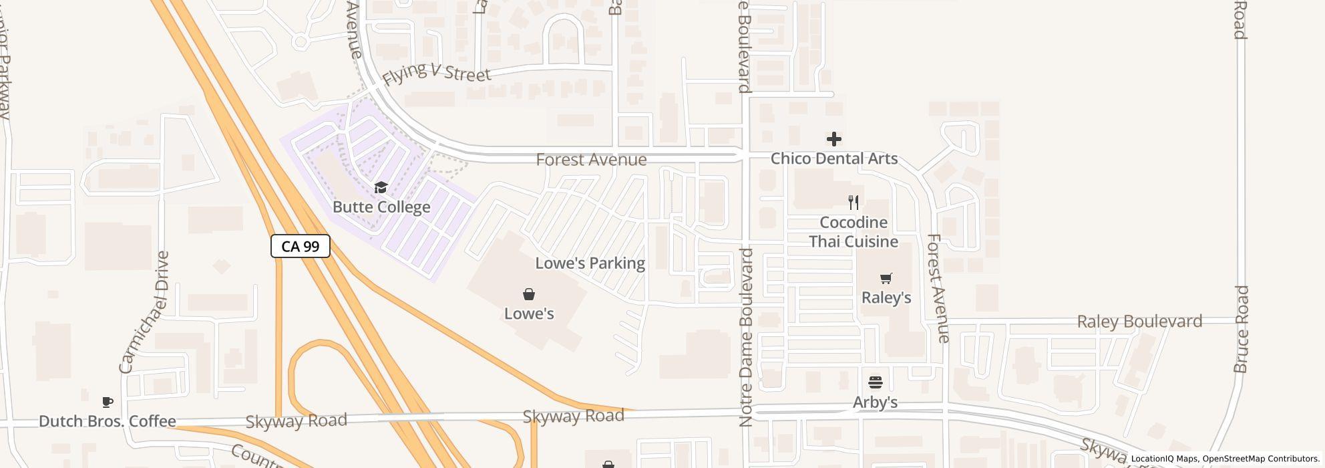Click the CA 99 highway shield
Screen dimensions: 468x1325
coord(300,246)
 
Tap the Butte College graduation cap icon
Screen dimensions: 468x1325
coord(381,188)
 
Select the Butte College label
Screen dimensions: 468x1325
coord(381,207)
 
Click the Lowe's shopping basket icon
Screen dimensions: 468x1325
coord(529,294)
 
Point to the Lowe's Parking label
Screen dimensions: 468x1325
coord(590,263)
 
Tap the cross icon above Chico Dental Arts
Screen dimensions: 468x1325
coord(833,139)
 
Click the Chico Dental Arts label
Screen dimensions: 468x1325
coord(833,159)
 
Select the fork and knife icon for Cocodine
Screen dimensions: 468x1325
coord(854,203)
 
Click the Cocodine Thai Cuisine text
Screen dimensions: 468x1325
coord(854,232)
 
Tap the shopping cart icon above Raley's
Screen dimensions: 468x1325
coord(886,278)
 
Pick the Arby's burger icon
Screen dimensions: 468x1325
coord(876,382)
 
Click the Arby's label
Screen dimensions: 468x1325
coord(875,402)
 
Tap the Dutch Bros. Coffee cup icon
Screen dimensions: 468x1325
coord(107,402)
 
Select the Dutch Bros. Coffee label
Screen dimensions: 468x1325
coord(108,421)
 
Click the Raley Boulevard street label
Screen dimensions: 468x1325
coord(1139,322)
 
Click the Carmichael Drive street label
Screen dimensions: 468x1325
coord(144,312)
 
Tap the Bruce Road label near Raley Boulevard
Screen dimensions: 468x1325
coord(1241,329)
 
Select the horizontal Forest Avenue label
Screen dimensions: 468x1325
coord(591,160)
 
